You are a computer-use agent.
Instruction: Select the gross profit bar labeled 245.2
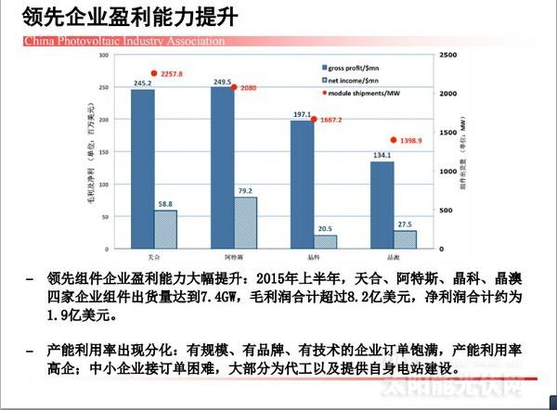142,167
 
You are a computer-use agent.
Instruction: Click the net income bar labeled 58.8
165,228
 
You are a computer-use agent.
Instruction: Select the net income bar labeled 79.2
245,222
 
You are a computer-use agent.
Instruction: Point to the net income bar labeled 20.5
326,241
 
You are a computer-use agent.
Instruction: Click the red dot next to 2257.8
154,73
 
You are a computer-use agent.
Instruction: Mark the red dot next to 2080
234,87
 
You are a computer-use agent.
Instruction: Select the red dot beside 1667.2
314,120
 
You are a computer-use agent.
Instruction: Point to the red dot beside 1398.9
394,140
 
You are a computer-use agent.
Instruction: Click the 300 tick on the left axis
110,57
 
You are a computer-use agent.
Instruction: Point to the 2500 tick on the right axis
447,57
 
